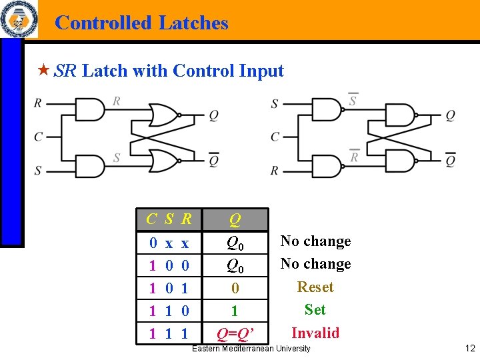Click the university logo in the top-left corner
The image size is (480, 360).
pyautogui.click(x=19, y=20)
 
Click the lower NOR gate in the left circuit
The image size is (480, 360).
pyautogui.click(x=163, y=161)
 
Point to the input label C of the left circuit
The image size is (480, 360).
pyautogui.click(x=39, y=137)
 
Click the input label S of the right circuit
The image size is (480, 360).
pyautogui.click(x=275, y=104)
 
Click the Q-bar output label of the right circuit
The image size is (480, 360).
pyautogui.click(x=450, y=160)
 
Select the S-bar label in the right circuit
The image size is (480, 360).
pyautogui.click(x=353, y=101)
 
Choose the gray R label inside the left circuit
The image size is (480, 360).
pyautogui.click(x=117, y=101)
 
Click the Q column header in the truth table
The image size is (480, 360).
pyautogui.click(x=235, y=219)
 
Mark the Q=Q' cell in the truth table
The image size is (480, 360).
pyautogui.click(x=235, y=333)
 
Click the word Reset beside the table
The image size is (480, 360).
pyautogui.click(x=315, y=287)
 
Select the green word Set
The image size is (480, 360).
pyautogui.click(x=315, y=309)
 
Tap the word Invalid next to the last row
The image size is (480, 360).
pyautogui.click(x=315, y=333)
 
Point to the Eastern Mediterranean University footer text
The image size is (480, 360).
pyautogui.click(x=251, y=349)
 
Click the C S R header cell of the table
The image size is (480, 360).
pyautogui.click(x=169, y=219)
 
